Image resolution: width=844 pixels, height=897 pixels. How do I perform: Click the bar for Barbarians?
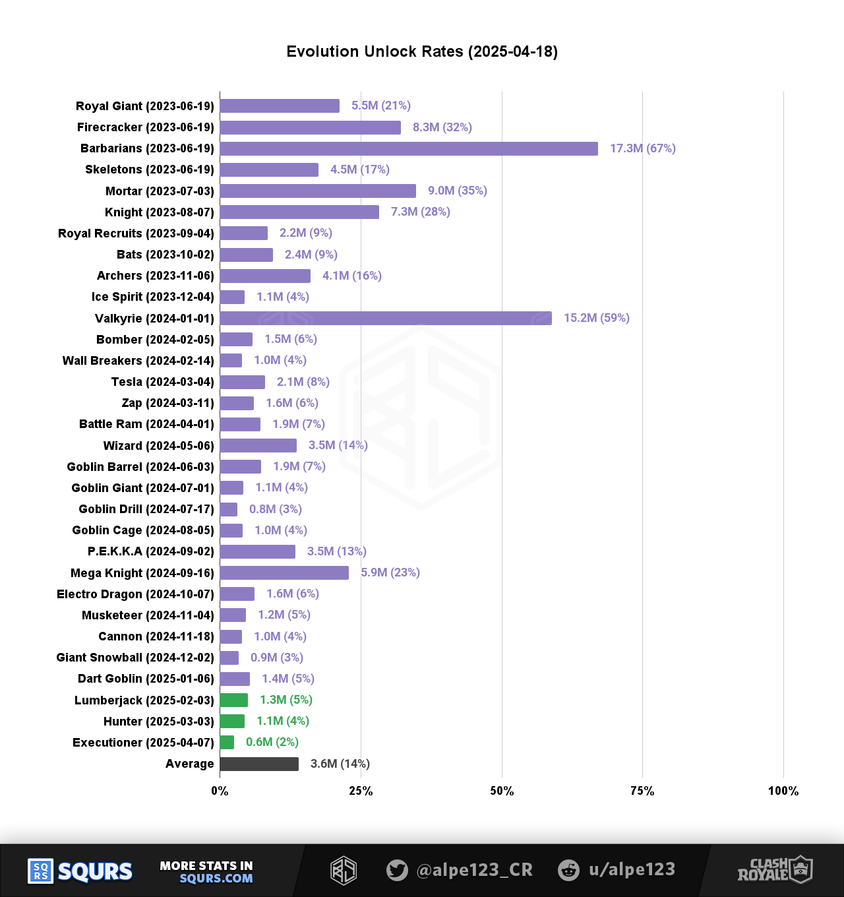tap(409, 148)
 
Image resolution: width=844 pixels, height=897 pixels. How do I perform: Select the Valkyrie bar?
tap(386, 318)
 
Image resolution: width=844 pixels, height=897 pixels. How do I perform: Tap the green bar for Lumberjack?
tap(234, 700)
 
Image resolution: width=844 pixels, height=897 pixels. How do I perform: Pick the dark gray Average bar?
tap(259, 764)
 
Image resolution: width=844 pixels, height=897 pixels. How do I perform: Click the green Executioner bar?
tap(227, 742)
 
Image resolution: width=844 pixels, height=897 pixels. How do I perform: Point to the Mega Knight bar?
tap(284, 572)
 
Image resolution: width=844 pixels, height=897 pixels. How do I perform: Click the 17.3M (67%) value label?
tap(642, 148)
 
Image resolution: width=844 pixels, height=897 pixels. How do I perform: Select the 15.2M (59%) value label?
tap(596, 318)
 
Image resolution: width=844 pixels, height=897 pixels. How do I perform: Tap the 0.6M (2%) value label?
tap(272, 742)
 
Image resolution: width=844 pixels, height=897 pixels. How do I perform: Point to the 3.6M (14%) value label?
tap(340, 764)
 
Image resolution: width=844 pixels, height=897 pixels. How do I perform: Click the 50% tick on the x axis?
tap(502, 791)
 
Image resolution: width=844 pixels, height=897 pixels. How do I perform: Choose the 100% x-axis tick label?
tap(783, 791)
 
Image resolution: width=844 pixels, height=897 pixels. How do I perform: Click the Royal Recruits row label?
tap(136, 233)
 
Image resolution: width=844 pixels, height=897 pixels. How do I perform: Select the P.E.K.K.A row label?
tap(150, 551)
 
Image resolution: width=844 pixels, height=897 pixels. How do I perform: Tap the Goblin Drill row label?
tap(146, 509)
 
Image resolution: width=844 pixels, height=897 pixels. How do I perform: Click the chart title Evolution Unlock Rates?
tap(422, 51)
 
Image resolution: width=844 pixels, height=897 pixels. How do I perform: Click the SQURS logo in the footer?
tap(80, 871)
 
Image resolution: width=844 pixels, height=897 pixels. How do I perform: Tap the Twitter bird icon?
tap(397, 870)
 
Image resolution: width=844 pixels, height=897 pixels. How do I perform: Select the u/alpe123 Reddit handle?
tap(631, 869)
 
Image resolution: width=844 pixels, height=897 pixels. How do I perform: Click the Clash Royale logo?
tap(775, 870)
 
